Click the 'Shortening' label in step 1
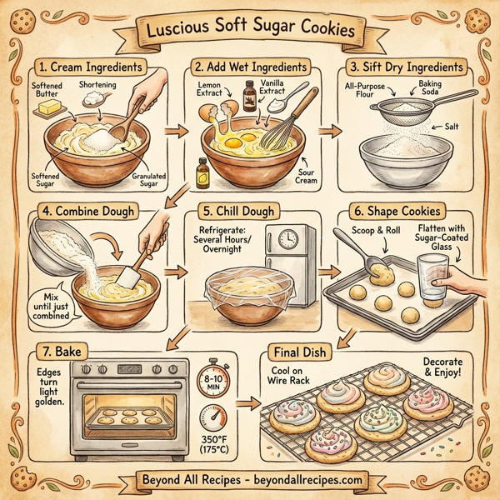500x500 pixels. point(98,86)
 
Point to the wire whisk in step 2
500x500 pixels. point(283,125)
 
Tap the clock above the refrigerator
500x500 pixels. point(287,240)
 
